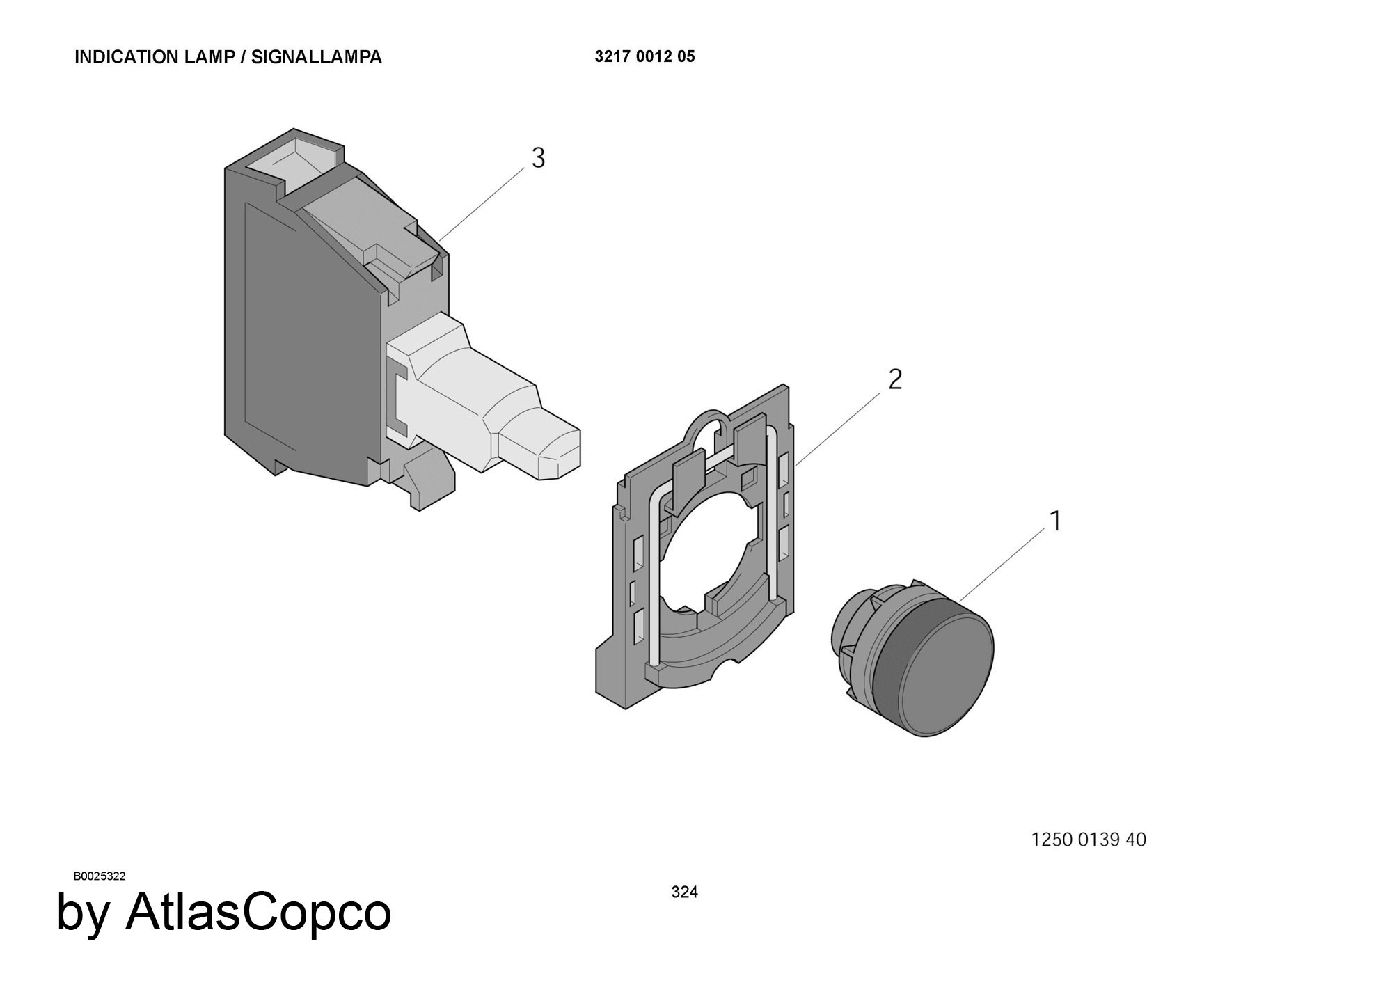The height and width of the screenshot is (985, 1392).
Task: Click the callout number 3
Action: pos(538,159)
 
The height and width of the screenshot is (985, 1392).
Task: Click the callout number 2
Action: pos(895,379)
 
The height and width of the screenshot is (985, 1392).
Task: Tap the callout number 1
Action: pos(1055,521)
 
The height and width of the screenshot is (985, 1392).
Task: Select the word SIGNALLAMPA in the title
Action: pos(317,57)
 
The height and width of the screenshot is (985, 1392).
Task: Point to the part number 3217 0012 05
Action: pos(644,56)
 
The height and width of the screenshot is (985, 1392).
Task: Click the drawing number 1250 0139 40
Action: pos(1089,840)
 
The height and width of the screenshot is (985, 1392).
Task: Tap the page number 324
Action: pos(684,892)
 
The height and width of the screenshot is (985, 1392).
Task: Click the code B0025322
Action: pos(100,876)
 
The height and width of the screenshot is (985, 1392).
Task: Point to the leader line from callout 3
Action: pos(483,205)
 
